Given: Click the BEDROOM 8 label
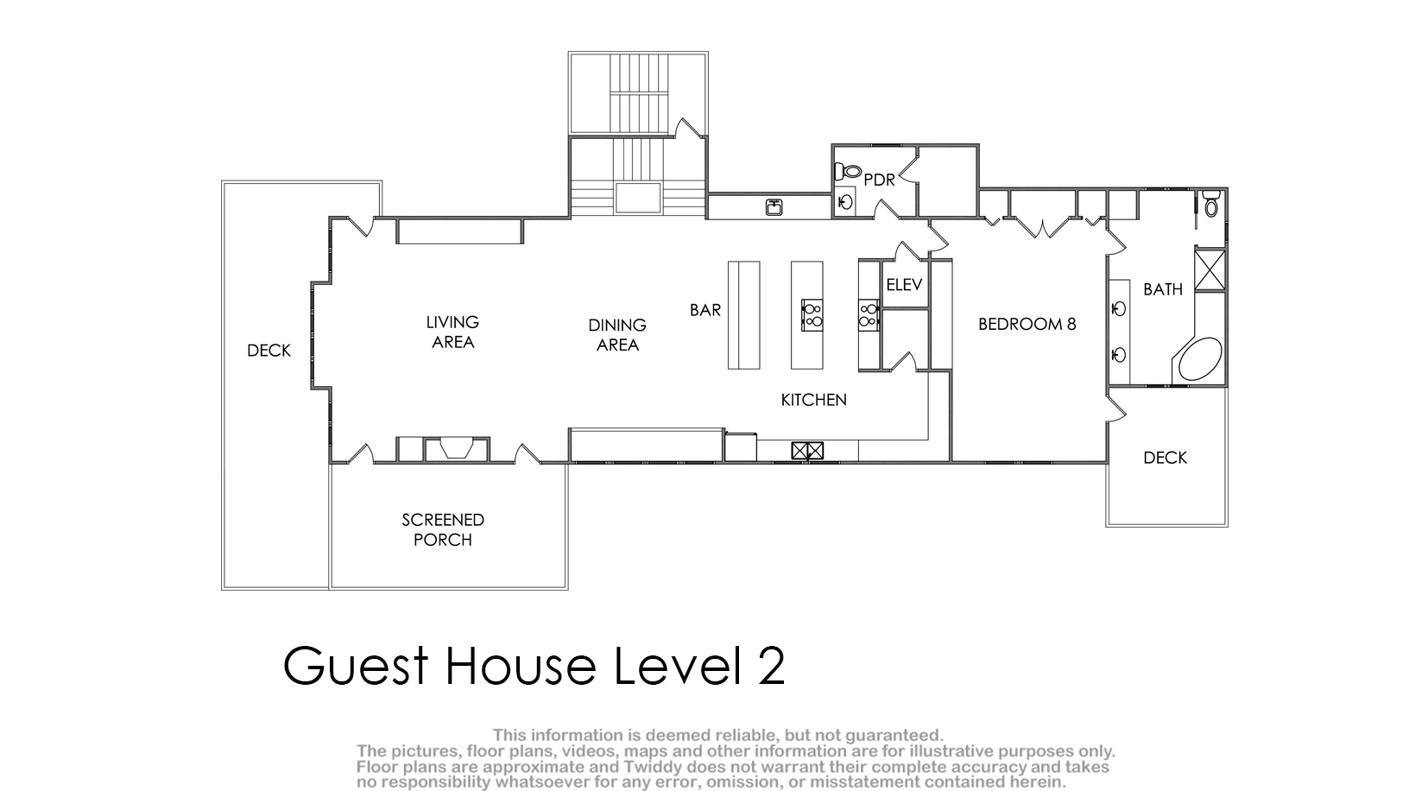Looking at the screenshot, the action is [x=1027, y=324].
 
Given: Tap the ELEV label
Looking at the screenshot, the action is [x=904, y=285].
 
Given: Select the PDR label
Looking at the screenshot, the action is [x=879, y=180].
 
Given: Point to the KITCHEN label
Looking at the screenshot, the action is [x=814, y=400].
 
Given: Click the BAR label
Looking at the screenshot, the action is [x=705, y=310].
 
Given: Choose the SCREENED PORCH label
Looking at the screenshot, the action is [x=443, y=530].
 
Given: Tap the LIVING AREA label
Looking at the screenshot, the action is [x=453, y=332].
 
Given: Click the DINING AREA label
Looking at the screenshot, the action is [x=617, y=335].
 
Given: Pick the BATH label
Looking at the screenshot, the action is [x=1162, y=289].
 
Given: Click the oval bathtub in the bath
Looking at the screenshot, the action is [x=1200, y=359].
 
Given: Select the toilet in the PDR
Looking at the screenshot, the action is [x=848, y=170].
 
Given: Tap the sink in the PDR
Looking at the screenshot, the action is [x=846, y=202].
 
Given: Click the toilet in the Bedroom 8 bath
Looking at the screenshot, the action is [x=1211, y=203].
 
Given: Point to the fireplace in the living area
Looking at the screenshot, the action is [x=457, y=449].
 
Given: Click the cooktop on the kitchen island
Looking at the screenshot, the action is [x=812, y=315].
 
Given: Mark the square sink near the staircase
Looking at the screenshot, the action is [x=774, y=206].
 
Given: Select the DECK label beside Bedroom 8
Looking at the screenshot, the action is [x=1165, y=458].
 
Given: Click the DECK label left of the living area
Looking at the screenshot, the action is [x=269, y=351].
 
